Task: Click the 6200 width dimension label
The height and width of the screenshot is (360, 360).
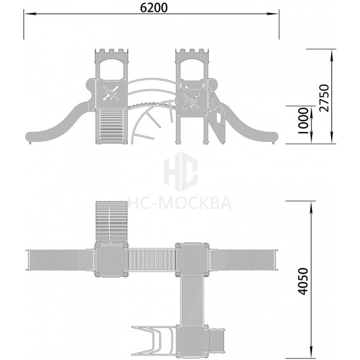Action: click(153, 8)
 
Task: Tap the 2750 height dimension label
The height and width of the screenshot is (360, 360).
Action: click(324, 98)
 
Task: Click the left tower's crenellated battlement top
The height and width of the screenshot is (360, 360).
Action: click(111, 52)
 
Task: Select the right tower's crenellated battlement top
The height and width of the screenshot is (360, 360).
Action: click(192, 52)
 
